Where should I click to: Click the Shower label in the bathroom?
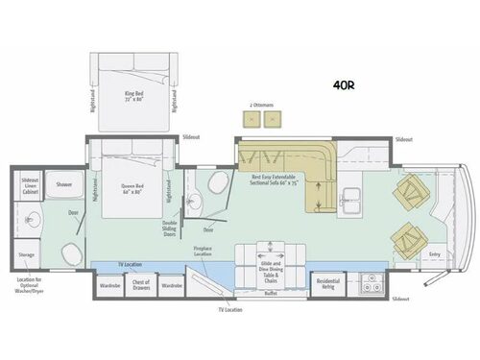pyautogui.click(x=64, y=185)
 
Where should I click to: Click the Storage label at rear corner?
pyautogui.click(x=27, y=255)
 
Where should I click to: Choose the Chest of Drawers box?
pyautogui.click(x=140, y=285)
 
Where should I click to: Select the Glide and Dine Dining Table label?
pyautogui.click(x=272, y=266)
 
